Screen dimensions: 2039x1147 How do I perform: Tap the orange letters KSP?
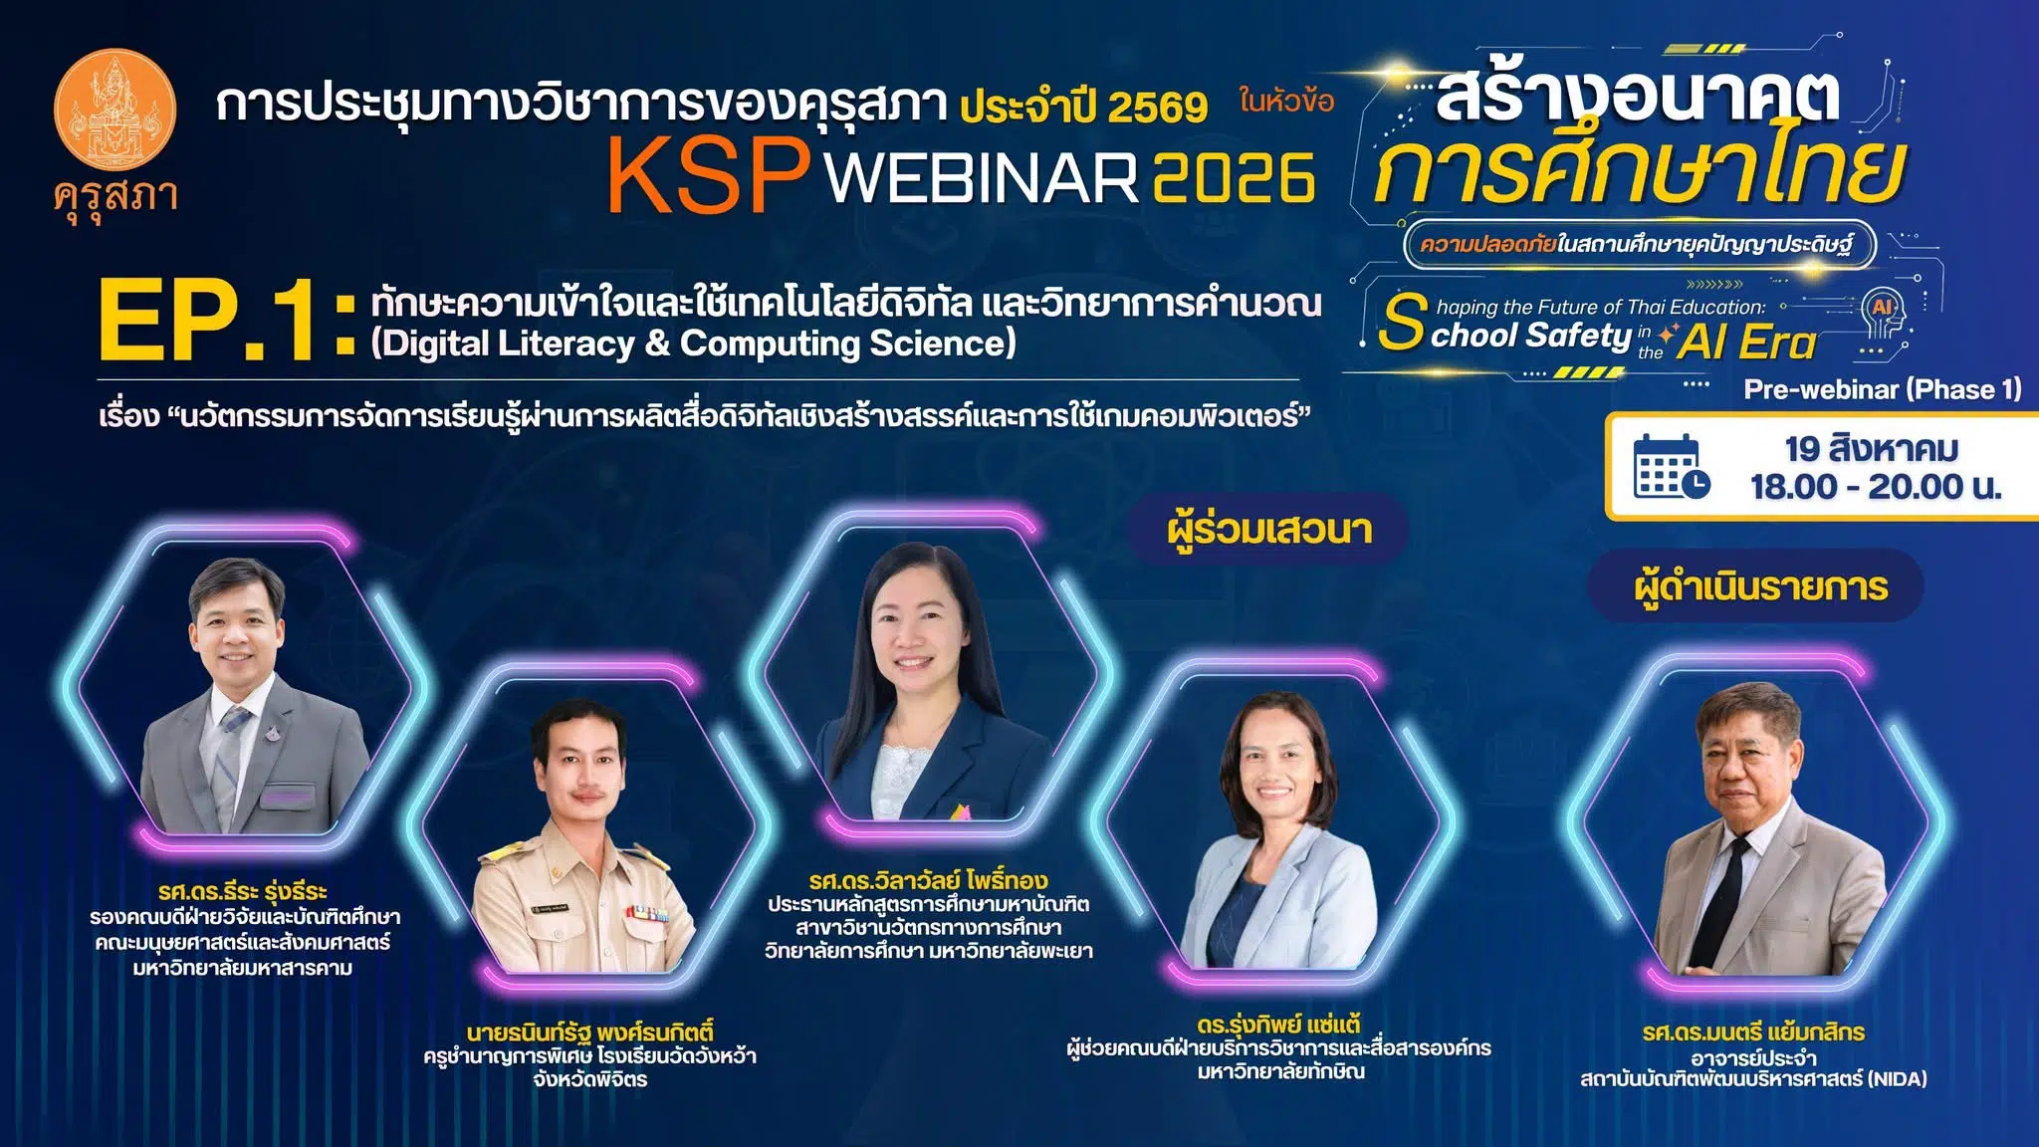click(708, 175)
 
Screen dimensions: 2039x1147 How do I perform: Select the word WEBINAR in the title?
click(982, 178)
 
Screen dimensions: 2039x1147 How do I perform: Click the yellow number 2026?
click(1235, 178)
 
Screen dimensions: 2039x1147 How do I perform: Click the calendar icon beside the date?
click(1672, 466)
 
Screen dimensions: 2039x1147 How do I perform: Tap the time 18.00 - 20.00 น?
click(1876, 487)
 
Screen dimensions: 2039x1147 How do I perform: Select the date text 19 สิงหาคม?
click(1872, 448)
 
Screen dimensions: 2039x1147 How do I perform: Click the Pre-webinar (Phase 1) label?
click(1882, 389)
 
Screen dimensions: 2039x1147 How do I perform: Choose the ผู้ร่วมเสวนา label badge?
click(1269, 529)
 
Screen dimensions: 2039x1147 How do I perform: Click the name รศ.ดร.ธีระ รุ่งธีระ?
click(242, 891)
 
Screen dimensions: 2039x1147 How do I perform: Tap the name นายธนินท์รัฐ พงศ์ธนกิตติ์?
click(589, 1032)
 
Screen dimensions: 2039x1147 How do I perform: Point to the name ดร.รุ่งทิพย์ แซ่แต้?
click(1278, 1024)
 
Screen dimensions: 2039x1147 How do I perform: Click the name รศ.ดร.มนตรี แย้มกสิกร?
click(1753, 1032)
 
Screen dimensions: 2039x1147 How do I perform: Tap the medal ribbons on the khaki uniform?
click(645, 912)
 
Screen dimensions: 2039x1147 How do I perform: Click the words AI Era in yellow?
click(1747, 343)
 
